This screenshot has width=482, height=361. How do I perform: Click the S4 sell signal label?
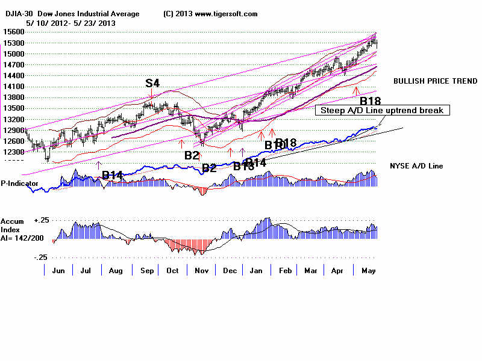pos(152,83)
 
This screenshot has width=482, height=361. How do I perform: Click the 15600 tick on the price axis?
pos(13,32)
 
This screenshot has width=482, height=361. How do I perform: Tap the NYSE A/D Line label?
pos(416,165)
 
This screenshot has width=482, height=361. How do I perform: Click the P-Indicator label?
pos(19,184)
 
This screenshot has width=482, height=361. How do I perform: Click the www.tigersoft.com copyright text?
pos(204,14)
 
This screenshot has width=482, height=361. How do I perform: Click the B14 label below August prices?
pos(113,175)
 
